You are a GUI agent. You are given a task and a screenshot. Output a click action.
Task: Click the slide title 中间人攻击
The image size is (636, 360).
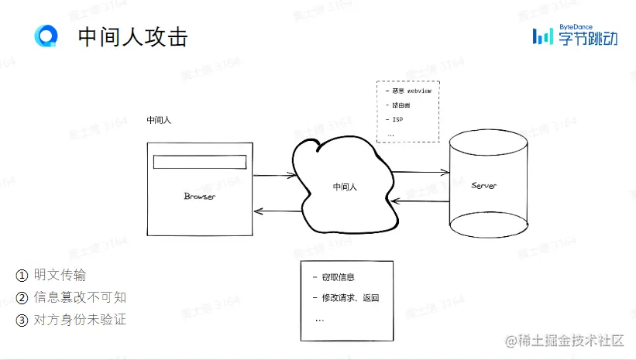tap(132, 36)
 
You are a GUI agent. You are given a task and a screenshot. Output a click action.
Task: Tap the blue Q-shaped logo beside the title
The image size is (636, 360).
tap(46, 36)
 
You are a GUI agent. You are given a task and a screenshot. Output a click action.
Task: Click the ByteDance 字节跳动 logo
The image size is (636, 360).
tap(574, 35)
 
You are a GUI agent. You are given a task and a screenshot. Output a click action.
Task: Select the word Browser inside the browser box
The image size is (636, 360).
tap(200, 197)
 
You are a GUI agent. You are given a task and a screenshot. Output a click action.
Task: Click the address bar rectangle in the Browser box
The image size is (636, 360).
tap(199, 162)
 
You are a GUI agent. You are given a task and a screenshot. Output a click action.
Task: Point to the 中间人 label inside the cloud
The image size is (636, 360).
tap(345, 187)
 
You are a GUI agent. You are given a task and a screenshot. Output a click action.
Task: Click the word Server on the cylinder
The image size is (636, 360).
tap(484, 186)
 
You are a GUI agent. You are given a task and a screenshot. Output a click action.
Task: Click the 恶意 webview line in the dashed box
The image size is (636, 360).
tap(411, 91)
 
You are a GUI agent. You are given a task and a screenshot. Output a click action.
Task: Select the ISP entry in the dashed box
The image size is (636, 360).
tap(397, 119)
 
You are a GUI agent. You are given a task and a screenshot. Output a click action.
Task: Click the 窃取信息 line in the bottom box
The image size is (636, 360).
tap(336, 277)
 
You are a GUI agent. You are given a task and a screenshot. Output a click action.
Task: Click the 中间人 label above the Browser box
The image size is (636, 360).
tap(158, 121)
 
